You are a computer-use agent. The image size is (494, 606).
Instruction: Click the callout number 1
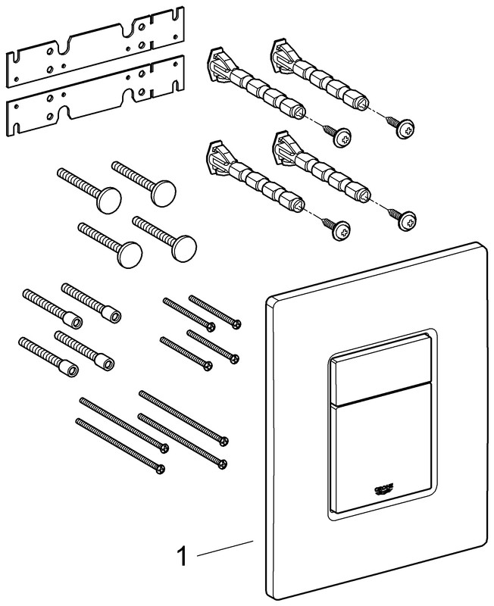tap(182, 556)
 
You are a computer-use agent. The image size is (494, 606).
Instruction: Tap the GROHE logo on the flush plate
tap(384, 489)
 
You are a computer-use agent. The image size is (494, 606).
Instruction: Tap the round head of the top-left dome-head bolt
tap(109, 200)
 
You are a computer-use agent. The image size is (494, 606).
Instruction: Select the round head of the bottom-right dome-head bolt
tap(184, 249)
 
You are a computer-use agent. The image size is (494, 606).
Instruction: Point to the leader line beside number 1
tap(225, 548)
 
